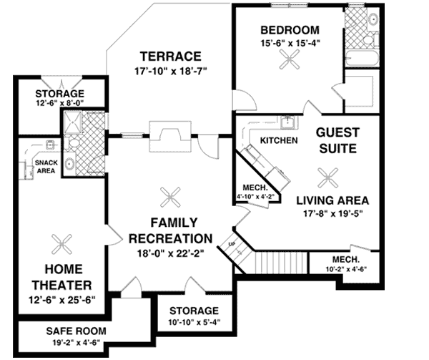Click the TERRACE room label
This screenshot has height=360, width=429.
[x=169, y=56]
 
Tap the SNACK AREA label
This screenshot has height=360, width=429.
[x=46, y=167]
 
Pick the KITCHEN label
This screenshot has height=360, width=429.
[x=278, y=140]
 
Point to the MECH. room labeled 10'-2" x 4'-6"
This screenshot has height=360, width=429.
[x=345, y=263]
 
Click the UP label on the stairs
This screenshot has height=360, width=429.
[x=230, y=243]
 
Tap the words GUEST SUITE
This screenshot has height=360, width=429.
[x=337, y=141]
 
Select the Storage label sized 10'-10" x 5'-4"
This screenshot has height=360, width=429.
[x=194, y=316]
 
